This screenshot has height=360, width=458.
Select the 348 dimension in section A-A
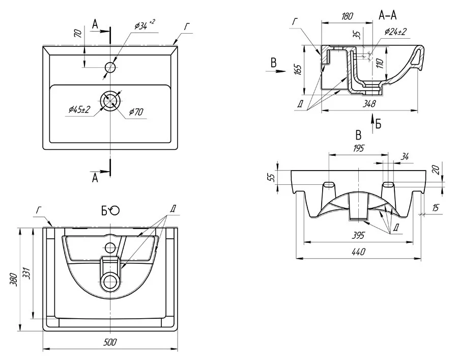tap(369, 104)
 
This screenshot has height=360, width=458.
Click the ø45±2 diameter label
tap(79, 108)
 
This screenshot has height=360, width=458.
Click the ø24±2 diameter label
tap(395, 32)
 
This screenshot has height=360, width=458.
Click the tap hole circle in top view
tap(110, 67)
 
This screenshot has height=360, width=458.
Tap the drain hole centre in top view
tap(110, 101)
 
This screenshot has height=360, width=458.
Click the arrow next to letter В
tap(277, 72)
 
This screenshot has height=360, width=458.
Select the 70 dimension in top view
tap(78, 34)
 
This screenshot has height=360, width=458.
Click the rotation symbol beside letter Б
tap(114, 210)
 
